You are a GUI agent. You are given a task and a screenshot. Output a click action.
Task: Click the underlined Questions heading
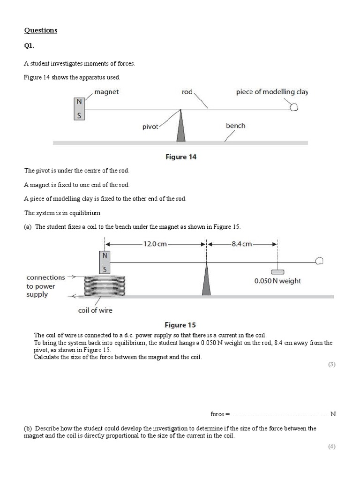pyautogui.click(x=40, y=30)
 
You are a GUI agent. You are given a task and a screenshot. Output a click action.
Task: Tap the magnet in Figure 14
pyautogui.click(x=80, y=109)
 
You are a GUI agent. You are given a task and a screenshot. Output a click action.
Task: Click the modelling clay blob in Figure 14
pyautogui.click(x=294, y=107)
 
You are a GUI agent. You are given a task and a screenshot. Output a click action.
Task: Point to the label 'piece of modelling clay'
pyautogui.click(x=272, y=92)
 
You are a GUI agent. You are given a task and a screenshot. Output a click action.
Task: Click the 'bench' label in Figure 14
pyautogui.click(x=235, y=126)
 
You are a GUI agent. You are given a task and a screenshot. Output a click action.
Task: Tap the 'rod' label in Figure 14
pyautogui.click(x=187, y=92)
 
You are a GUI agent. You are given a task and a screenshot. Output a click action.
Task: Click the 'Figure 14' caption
pyautogui.click(x=181, y=157)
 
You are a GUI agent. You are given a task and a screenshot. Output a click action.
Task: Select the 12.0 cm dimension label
pyautogui.click(x=155, y=244)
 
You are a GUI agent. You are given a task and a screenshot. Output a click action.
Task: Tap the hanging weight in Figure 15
pyautogui.click(x=277, y=271)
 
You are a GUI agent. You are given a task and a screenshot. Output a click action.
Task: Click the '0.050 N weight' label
pyautogui.click(x=277, y=281)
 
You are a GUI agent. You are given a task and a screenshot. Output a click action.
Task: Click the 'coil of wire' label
pyautogui.click(x=95, y=310)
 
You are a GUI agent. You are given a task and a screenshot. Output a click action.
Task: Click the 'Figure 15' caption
pyautogui.click(x=180, y=324)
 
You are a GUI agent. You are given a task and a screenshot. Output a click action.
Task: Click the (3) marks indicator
pyautogui.click(x=331, y=364)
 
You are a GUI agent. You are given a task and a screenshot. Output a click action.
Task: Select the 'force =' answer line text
pyautogui.click(x=220, y=414)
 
